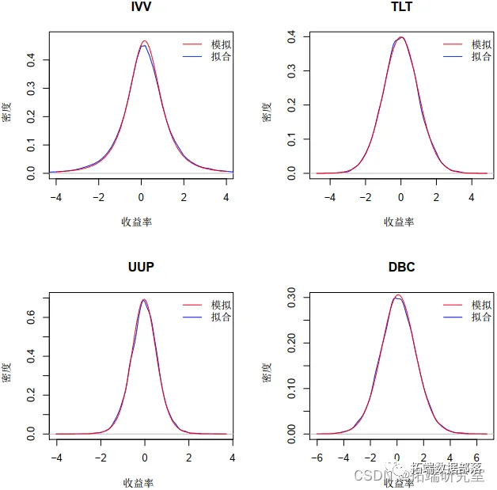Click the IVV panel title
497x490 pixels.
pos(141,7)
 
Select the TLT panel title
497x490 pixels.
pos(401,7)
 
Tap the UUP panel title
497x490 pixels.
pos(141,267)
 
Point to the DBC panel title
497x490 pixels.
pos(401,267)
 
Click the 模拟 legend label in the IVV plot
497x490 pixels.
pos(222,45)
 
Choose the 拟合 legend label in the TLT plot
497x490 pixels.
pos(481,57)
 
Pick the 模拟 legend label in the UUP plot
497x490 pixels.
pos(222,306)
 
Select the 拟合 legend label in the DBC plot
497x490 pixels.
pos(481,317)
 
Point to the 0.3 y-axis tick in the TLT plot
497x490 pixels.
pos(292,70)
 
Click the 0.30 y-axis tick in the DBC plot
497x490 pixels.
pos(292,298)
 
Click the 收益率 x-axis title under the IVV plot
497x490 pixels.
pos(137,222)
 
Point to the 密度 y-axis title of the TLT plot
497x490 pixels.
pos(267,111)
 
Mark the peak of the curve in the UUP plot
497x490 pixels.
pos(144,299)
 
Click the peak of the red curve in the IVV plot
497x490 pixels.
pos(144,41)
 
